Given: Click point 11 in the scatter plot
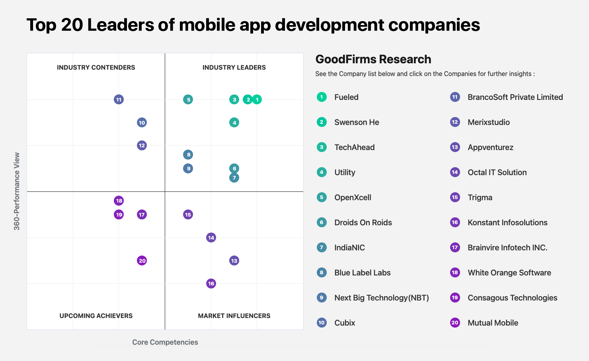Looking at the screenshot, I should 119,100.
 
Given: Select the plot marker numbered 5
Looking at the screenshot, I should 188,100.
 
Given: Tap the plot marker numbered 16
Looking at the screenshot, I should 211,283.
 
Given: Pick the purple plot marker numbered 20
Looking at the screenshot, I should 142,261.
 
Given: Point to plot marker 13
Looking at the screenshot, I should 234,261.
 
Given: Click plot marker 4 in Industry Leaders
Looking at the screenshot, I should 234,123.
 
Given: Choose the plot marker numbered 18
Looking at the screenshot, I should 119,201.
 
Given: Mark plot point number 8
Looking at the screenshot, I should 188,154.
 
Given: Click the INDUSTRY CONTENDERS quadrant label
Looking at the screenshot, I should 96,68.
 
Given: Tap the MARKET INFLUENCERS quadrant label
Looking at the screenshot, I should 234,316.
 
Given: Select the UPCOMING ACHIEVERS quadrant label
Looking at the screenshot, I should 96,316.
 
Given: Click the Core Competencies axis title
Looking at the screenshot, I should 165,342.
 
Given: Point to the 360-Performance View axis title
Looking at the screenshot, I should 17,191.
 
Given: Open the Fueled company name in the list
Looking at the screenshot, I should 346,97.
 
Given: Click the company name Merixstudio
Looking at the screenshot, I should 489,122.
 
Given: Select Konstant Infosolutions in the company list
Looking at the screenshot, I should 507,222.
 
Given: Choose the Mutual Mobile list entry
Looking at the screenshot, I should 493,323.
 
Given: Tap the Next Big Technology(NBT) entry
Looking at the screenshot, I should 381,298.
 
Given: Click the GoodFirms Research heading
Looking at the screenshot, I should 373,59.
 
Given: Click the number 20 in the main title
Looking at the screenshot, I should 72,25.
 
